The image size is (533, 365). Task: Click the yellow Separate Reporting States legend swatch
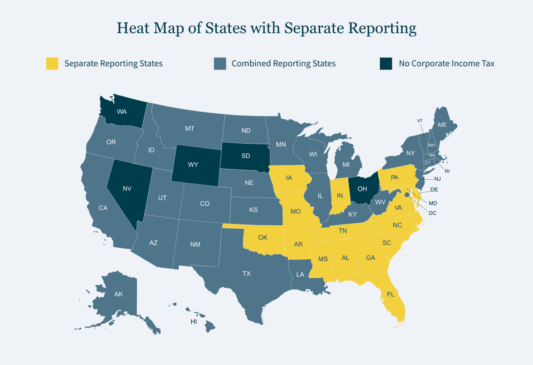pos(52,63)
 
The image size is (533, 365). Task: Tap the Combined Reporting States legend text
pos(283,63)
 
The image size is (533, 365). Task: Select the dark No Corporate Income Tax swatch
pos(386,63)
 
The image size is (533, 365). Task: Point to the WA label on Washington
pos(122,112)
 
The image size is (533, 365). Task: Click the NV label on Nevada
pos(127,189)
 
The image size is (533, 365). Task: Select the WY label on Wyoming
pos(193,165)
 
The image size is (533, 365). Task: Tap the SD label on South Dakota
pos(246,156)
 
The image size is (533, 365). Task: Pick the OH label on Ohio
pos(362,189)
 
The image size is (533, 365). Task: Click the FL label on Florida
pos(391,294)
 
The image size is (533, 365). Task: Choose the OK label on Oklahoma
pos(263,237)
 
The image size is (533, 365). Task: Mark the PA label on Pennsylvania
pos(394,178)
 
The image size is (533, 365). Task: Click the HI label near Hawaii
pos(194,322)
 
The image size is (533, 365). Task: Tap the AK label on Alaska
pos(118,294)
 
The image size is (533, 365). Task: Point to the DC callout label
pos(432,213)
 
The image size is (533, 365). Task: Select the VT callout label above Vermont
pos(420,121)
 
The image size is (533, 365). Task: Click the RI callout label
pos(447,171)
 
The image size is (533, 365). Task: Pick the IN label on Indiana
pos(340,196)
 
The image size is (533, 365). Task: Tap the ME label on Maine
pos(442,125)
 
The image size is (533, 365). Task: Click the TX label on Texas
pos(247,274)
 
